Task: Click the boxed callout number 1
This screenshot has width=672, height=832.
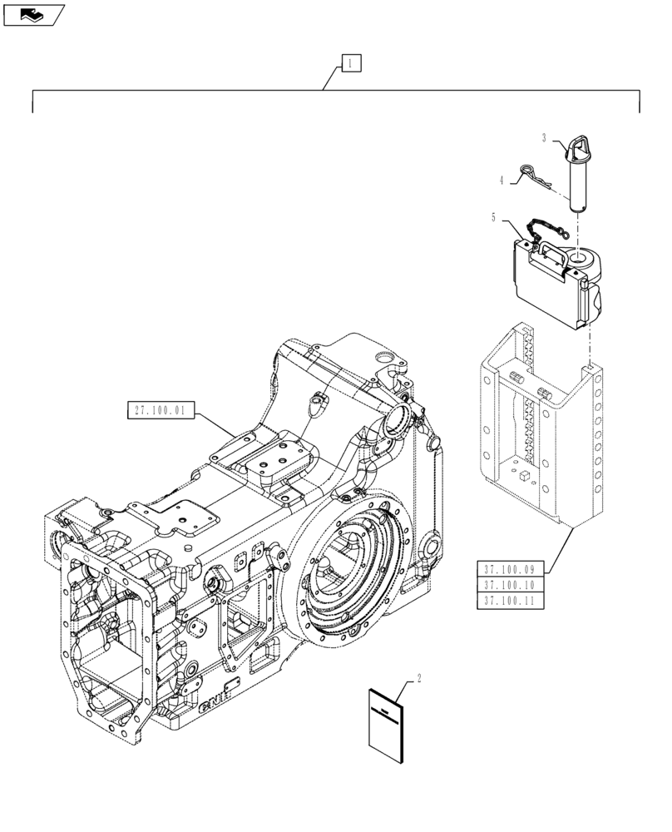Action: point(351,62)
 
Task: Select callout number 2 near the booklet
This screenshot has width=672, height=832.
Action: point(418,677)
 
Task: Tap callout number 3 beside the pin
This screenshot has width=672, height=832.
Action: point(544,138)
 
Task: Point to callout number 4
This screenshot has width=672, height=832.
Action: point(502,179)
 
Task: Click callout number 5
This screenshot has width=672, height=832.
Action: point(493,219)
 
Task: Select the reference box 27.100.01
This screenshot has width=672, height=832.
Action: point(161,409)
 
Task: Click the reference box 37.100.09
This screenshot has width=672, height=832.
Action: point(511,569)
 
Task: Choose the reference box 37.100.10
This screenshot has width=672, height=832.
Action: point(511,585)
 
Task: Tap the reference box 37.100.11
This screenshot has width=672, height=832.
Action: point(511,601)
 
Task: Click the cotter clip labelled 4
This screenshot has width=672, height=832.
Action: point(533,176)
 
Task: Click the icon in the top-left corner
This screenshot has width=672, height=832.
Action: point(32,14)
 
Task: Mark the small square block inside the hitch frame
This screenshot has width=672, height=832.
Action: point(525,476)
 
